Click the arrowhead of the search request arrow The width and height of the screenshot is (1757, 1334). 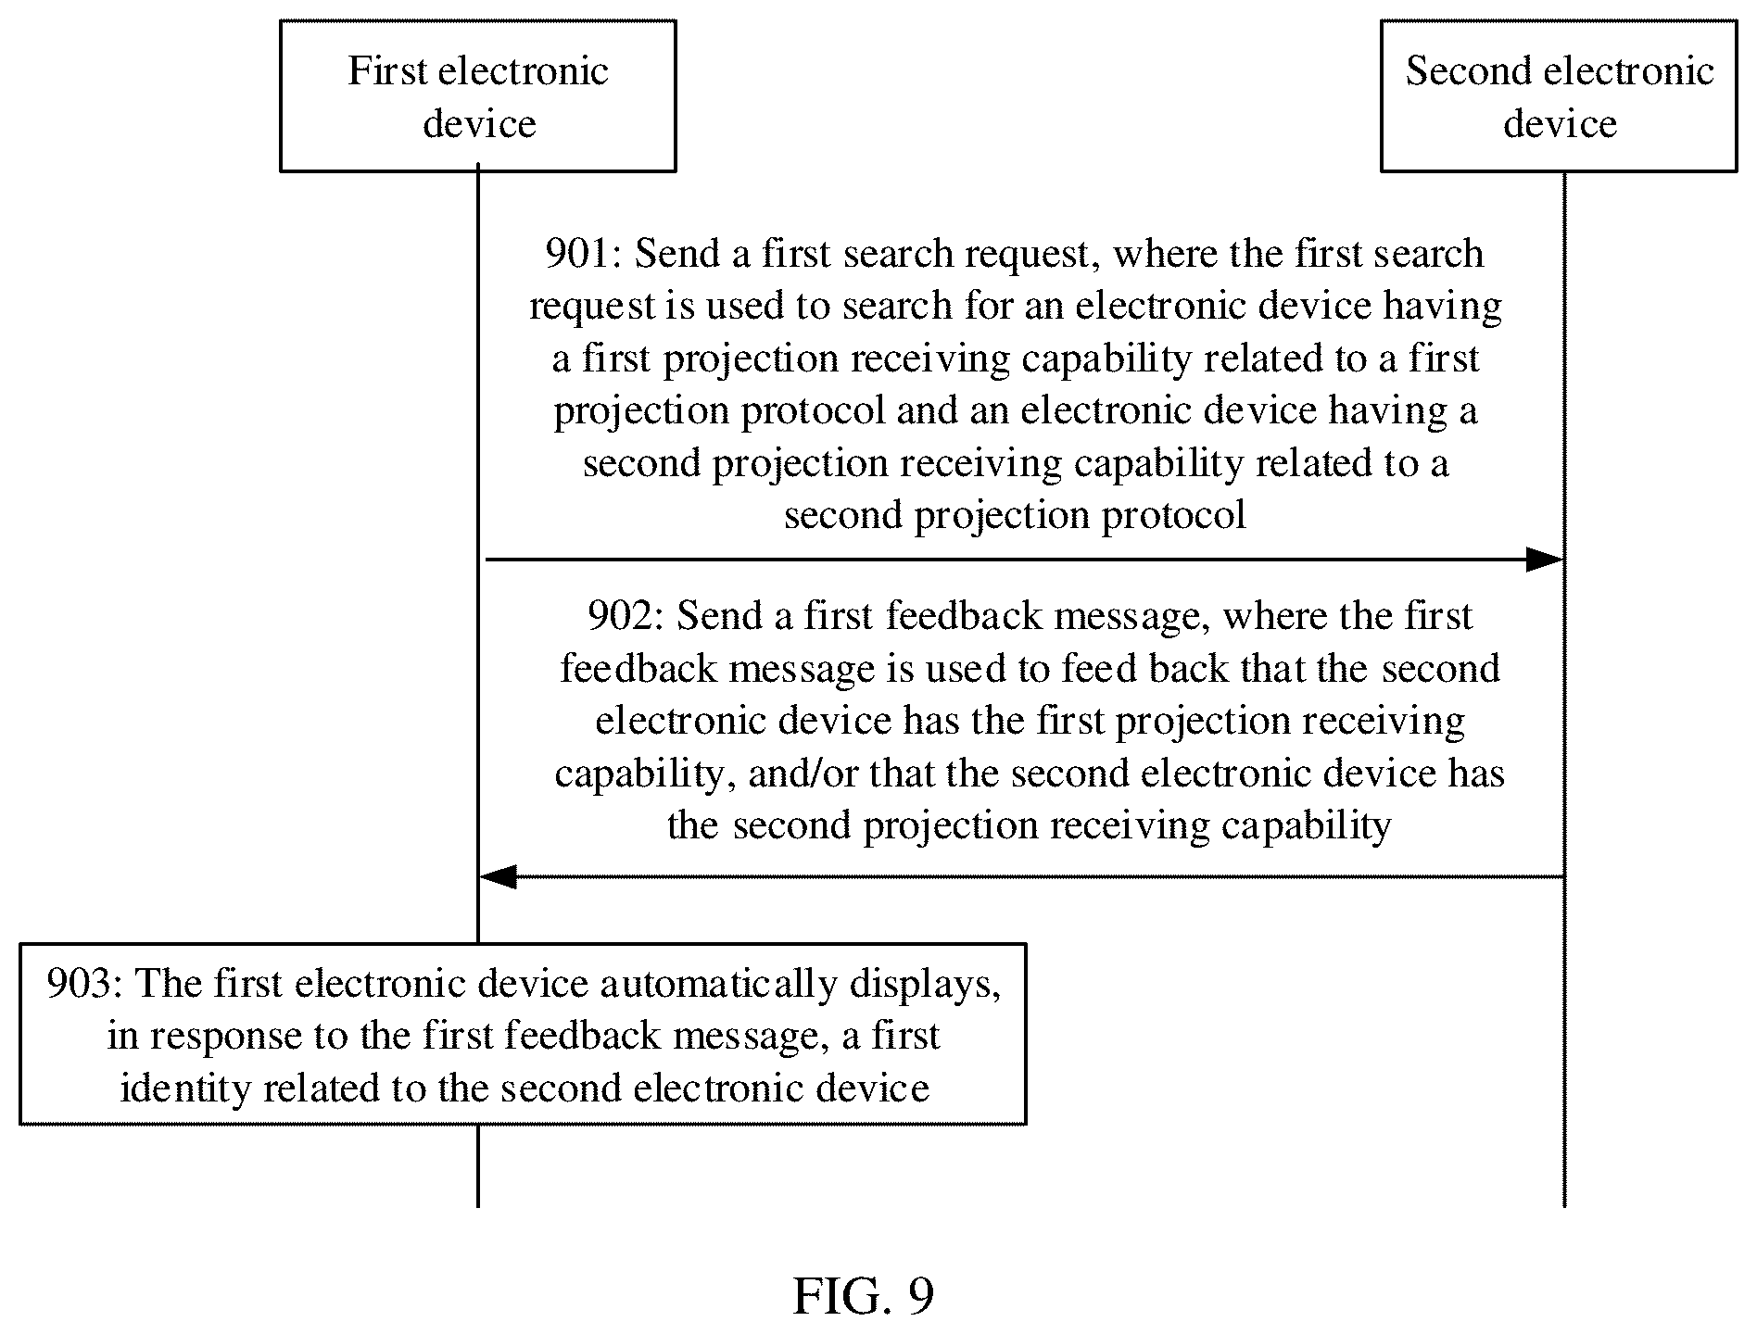click(1545, 560)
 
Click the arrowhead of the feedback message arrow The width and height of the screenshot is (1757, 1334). click(499, 876)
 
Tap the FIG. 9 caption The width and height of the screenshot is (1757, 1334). click(864, 1295)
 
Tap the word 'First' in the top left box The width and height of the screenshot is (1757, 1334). click(387, 70)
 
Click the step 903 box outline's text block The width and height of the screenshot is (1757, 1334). click(523, 1035)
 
